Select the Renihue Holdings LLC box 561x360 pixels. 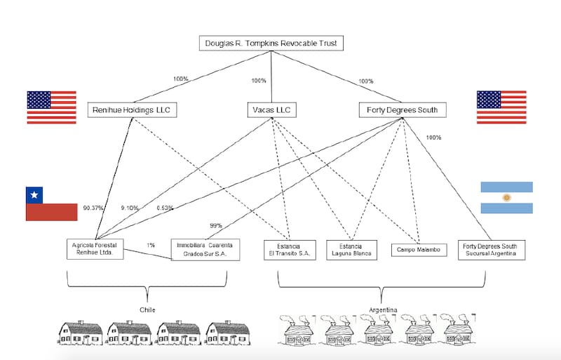click(x=133, y=110)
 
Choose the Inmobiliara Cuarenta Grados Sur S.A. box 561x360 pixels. click(x=205, y=249)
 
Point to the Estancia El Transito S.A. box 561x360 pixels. click(x=290, y=249)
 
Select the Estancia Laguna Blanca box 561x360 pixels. click(x=351, y=249)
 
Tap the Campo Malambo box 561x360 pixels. click(x=419, y=249)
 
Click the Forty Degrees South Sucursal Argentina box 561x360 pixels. click(x=490, y=249)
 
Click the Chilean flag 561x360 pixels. click(x=51, y=204)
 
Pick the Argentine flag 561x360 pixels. click(x=506, y=197)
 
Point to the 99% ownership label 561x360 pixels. click(x=216, y=225)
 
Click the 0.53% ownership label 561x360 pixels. click(x=165, y=208)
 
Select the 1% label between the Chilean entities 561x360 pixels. click(x=151, y=245)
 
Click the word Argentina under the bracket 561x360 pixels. click(x=382, y=309)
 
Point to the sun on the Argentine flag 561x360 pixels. click(x=506, y=197)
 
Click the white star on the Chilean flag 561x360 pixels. click(x=32, y=194)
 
